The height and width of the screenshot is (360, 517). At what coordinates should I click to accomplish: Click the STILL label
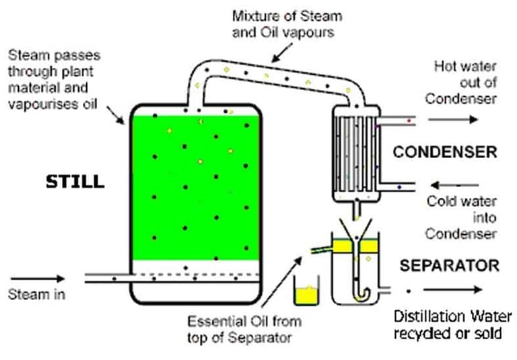click(x=75, y=181)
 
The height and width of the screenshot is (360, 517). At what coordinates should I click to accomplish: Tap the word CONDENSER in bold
click(x=445, y=152)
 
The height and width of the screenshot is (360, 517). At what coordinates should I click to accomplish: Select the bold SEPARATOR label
click(x=449, y=265)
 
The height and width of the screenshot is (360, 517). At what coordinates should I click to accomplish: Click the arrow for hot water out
click(x=454, y=119)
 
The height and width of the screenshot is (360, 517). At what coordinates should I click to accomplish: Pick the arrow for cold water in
click(x=454, y=184)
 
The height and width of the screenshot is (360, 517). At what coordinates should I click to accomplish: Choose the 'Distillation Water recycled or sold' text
click(x=448, y=324)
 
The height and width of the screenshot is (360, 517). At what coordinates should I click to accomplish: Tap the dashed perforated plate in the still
click(x=195, y=274)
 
